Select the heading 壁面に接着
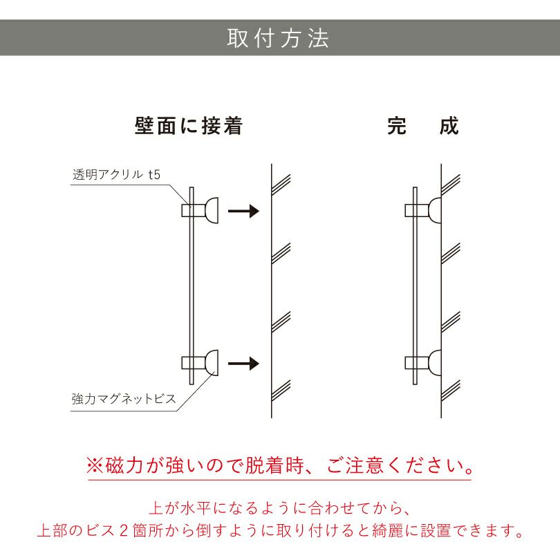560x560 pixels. (188, 127)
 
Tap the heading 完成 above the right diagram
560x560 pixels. (422, 127)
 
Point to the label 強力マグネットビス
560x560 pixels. (124, 399)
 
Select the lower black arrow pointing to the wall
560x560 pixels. (243, 363)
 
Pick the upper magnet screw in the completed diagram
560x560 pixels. (435, 210)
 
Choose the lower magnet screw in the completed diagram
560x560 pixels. (435, 362)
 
